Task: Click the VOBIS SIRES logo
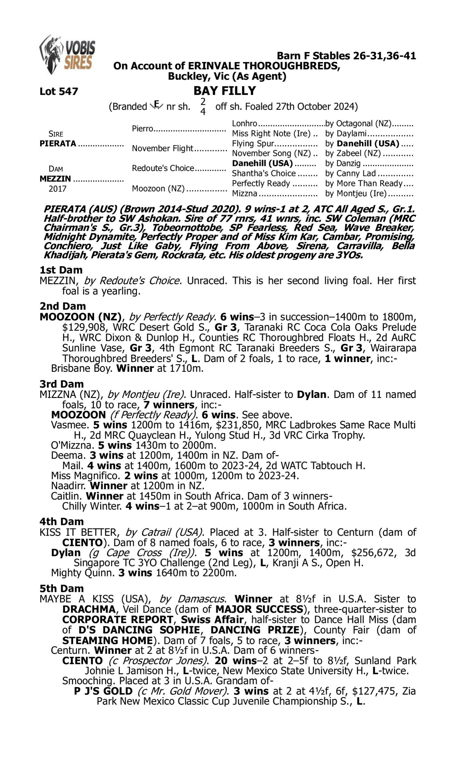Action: click(x=67, y=55)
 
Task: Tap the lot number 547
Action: click(x=59, y=91)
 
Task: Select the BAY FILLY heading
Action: click(x=225, y=91)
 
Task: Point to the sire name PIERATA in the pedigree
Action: click(x=58, y=143)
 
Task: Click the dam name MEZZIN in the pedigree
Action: click(x=55, y=178)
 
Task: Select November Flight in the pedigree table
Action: click(x=163, y=148)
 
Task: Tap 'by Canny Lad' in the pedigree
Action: click(x=350, y=173)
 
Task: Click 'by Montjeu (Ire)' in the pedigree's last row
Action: click(x=356, y=193)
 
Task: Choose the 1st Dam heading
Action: click(x=61, y=270)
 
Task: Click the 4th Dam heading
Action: click(x=61, y=522)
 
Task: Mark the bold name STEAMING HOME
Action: click(x=108, y=641)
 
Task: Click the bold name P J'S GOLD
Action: click(x=103, y=691)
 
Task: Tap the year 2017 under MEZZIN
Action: click(x=57, y=188)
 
